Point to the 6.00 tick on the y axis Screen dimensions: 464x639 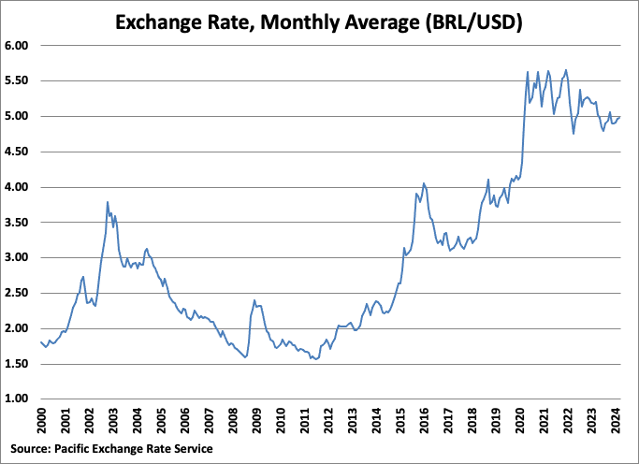[x=19, y=45]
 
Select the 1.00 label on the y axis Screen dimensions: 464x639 [x=19, y=399]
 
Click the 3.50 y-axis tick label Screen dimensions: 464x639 [x=19, y=222]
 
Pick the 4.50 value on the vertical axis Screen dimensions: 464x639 [x=19, y=152]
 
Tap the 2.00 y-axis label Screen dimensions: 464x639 [x=19, y=328]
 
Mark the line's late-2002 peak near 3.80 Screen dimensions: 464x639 [x=108, y=202]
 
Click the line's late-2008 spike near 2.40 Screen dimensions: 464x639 [x=254, y=300]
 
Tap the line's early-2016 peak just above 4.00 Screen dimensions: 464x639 [x=424, y=183]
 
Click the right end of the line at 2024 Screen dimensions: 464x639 [x=619, y=117]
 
